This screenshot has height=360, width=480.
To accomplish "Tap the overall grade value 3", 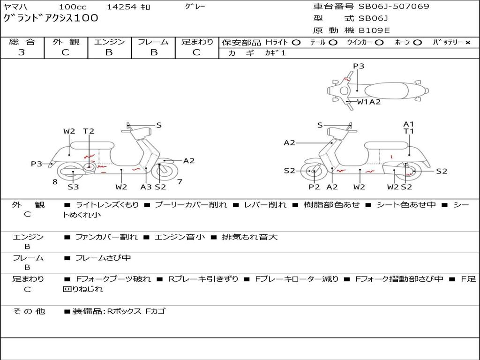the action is (22, 52).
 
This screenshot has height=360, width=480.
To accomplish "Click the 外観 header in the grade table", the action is (66, 42).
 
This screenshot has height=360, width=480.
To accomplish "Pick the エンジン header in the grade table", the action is (109, 42).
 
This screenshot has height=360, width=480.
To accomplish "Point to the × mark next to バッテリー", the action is (467, 42).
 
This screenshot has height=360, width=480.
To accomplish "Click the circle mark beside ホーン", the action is (418, 42).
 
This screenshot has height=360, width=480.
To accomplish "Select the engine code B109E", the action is (374, 30).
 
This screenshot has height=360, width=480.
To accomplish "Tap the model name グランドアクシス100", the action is (51, 18).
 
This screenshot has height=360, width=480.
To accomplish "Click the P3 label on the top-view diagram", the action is (359, 66).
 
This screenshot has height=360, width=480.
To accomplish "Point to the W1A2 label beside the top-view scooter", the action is (368, 102).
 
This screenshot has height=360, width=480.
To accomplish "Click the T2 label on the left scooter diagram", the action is (89, 131).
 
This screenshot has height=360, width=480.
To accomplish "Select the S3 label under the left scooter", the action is (73, 187).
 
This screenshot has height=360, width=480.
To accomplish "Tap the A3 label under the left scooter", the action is (146, 187).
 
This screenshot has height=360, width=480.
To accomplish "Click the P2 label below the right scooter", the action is (314, 187).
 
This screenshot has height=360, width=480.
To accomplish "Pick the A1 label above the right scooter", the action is (409, 124).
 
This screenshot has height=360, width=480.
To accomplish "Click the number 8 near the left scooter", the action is (55, 181).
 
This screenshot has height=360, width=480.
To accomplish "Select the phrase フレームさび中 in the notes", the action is (103, 258).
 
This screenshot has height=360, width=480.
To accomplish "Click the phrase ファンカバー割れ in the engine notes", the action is (106, 237).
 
